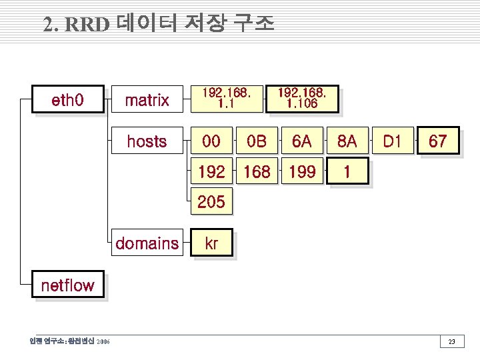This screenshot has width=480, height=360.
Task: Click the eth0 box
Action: [x=68, y=101]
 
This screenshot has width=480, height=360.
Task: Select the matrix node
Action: [x=147, y=101]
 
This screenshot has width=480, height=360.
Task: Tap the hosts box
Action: [x=147, y=141]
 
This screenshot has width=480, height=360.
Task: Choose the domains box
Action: [x=147, y=243]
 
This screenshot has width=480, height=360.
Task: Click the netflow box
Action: [x=68, y=285]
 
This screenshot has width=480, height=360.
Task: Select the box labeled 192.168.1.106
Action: [x=301, y=99]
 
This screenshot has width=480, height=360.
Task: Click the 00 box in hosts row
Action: [x=211, y=141]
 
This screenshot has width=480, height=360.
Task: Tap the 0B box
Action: [x=256, y=141]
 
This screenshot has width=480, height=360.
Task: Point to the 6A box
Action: [x=301, y=141]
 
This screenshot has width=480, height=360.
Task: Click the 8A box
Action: [x=347, y=141]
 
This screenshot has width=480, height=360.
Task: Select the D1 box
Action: [x=392, y=141]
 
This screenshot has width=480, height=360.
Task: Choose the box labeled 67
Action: [x=437, y=141]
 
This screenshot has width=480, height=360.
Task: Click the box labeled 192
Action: [x=211, y=172]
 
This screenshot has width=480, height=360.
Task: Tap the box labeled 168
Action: [x=256, y=172]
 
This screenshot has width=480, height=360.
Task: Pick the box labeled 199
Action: [x=301, y=172]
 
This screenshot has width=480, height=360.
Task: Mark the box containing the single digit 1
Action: [x=347, y=172]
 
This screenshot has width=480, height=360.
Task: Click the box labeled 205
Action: [x=211, y=201]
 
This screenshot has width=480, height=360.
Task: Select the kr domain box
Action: [x=211, y=243]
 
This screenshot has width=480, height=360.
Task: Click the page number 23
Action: [x=451, y=342]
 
